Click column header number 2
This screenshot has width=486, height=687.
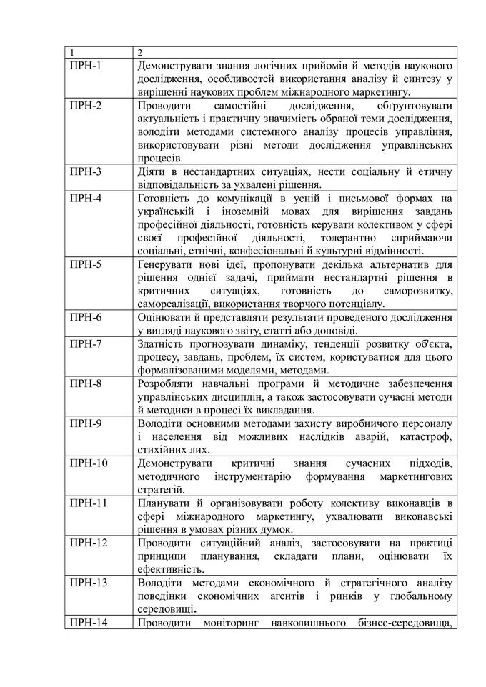[140, 53]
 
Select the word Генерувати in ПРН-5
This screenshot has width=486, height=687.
[168, 264]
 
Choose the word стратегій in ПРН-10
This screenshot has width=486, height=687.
[159, 490]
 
